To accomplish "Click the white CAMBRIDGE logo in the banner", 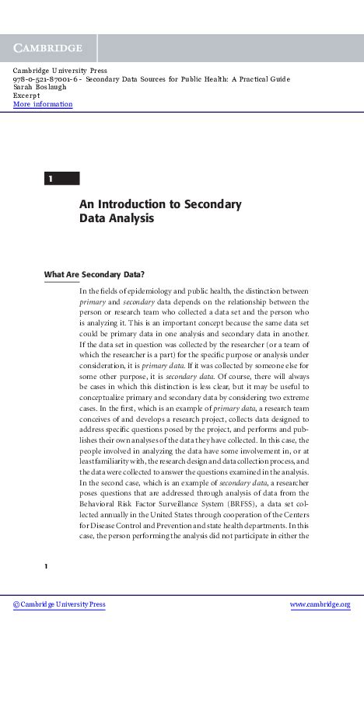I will pyautogui.click(x=47, y=48).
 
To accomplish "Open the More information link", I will pyautogui.click(x=43, y=104).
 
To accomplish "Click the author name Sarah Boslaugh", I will pyautogui.click(x=39, y=87).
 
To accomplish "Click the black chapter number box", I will pyautogui.click(x=61, y=179).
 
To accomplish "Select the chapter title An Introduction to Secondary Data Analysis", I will pyautogui.click(x=159, y=211).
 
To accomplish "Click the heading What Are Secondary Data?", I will pyautogui.click(x=94, y=274).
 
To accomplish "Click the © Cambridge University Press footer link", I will pyautogui.click(x=59, y=605).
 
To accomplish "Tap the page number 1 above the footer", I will pyautogui.click(x=47, y=566).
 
